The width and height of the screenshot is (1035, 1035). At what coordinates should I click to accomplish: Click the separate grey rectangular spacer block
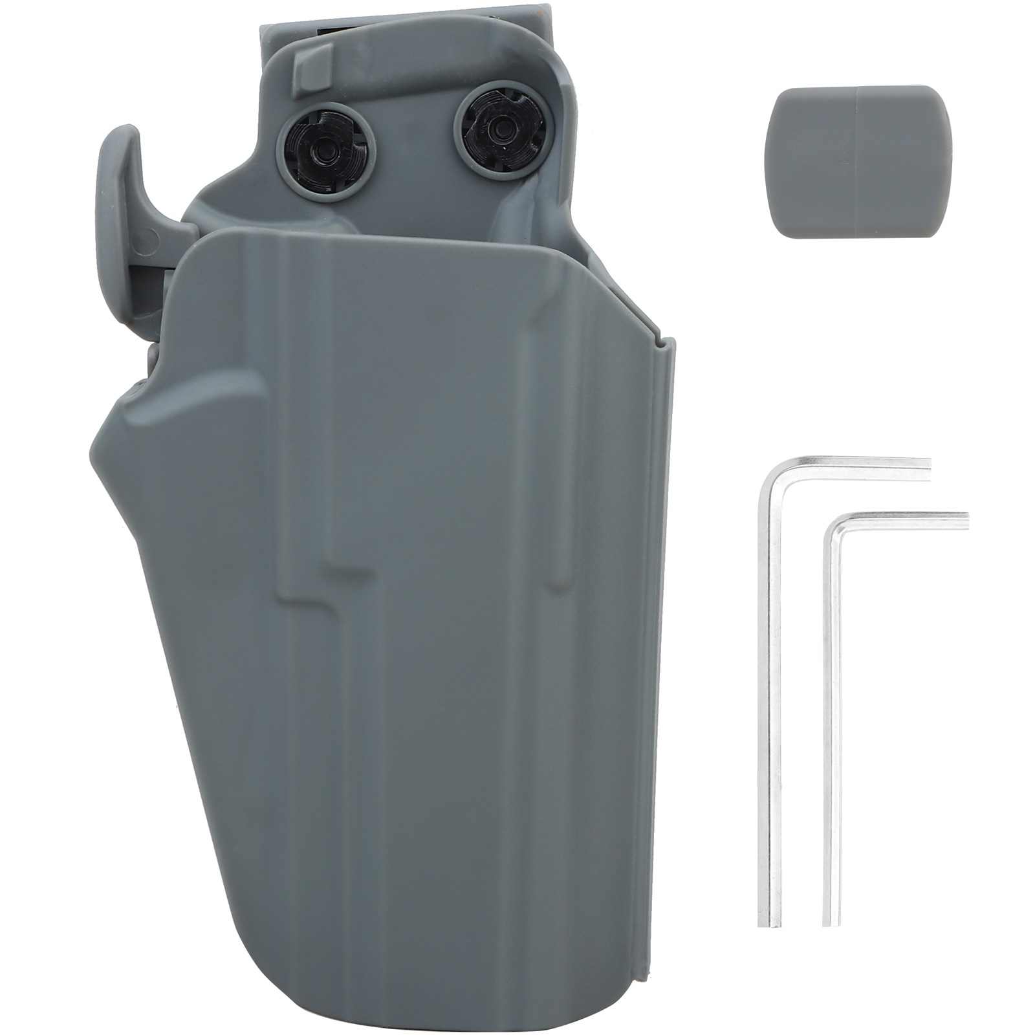pos(860,161)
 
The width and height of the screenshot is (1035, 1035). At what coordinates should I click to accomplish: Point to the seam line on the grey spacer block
pos(856,161)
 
